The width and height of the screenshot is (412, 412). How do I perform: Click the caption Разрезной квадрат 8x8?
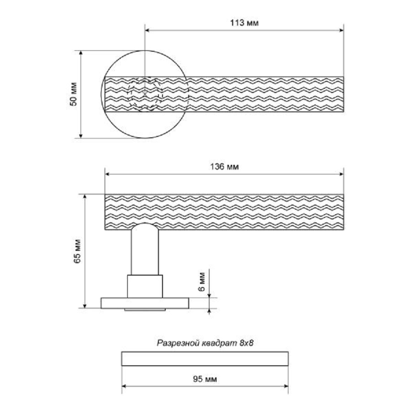coord(205,342)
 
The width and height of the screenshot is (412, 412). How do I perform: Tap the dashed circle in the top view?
coord(145,94)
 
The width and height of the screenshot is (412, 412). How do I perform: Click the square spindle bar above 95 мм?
coord(205,358)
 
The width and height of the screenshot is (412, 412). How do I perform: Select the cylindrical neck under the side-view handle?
coord(145,252)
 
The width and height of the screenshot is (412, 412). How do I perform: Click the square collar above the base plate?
coord(145,286)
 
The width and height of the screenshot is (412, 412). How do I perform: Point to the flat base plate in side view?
coord(145,303)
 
